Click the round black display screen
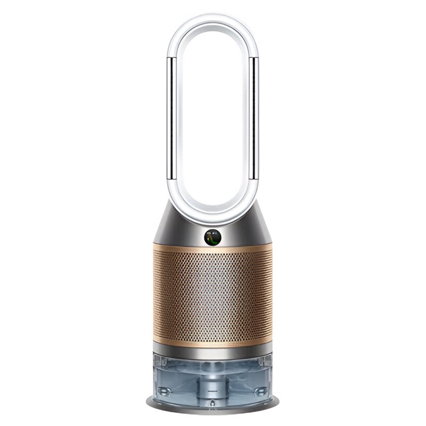click(213, 237)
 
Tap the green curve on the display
click(214, 238)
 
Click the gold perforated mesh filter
click(213, 293)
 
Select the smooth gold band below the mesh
click(213, 340)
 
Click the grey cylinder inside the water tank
click(213, 381)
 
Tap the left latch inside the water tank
click(165, 391)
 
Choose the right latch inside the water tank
click(261, 391)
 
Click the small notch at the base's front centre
click(213, 411)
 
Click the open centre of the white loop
click(213, 117)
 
